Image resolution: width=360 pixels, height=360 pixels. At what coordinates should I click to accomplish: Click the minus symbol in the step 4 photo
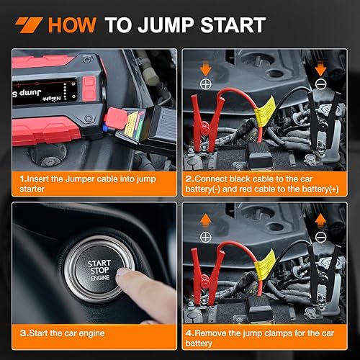click(x=322, y=235)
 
